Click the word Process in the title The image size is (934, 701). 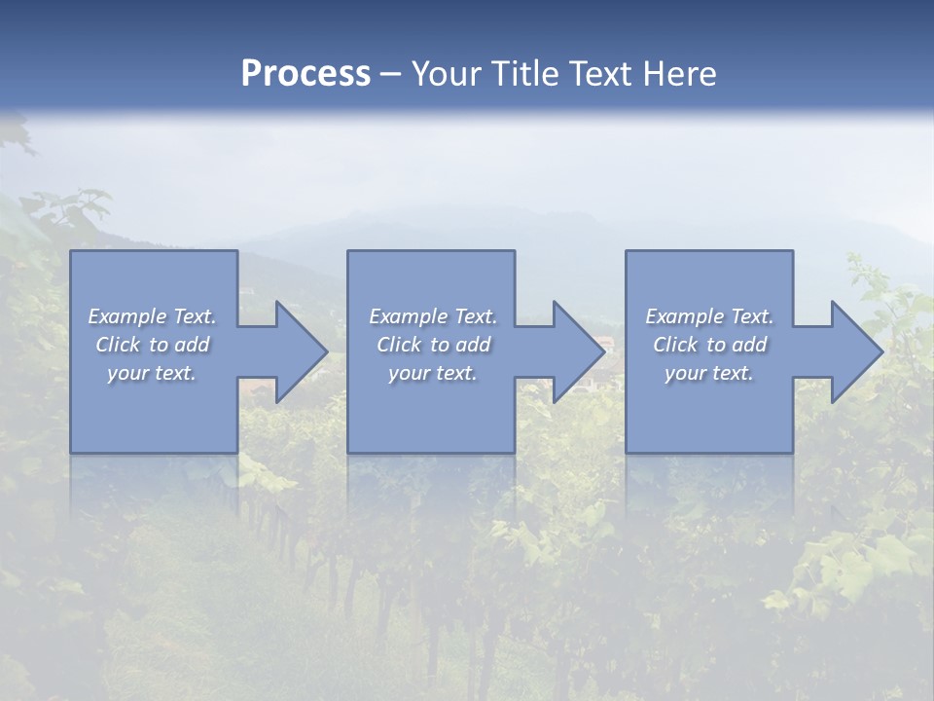[x=305, y=74]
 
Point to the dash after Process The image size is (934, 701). [x=390, y=76]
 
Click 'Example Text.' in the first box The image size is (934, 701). [x=153, y=316]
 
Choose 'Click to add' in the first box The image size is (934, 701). [x=153, y=345]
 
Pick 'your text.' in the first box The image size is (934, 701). [x=153, y=373]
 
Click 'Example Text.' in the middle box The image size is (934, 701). [x=433, y=316]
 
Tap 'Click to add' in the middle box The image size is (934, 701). [x=433, y=345]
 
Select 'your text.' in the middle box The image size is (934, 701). [x=433, y=373]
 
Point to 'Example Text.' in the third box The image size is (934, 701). [x=709, y=316]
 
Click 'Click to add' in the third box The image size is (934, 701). [x=709, y=345]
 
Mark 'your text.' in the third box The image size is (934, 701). [x=709, y=373]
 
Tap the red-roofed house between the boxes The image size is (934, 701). [x=604, y=344]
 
